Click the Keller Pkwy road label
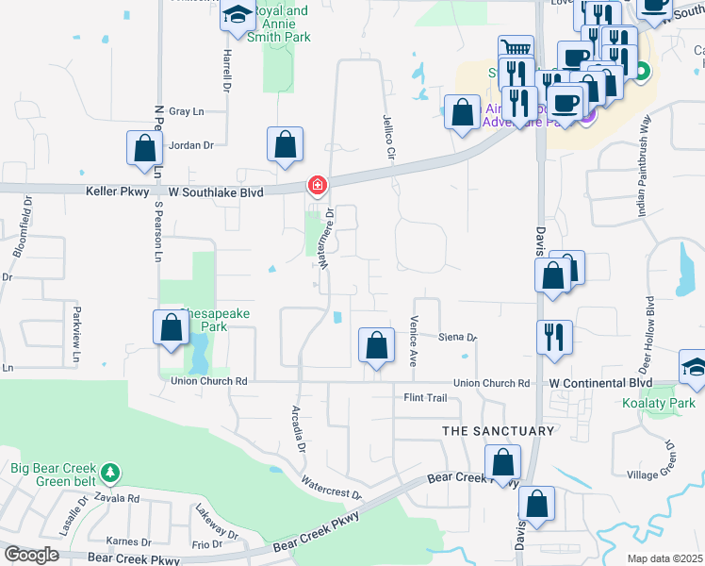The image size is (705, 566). coord(111,190)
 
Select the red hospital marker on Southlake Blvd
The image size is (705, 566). coord(318,184)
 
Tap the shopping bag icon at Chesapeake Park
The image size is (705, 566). coord(172,328)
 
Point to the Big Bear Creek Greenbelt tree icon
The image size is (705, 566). coord(111,471)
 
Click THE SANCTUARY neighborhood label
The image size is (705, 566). coord(499,431)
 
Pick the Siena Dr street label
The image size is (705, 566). coord(458,337)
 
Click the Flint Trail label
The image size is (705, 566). coord(425,398)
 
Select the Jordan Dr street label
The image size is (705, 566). coord(191,145)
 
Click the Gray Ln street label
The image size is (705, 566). coord(186,111)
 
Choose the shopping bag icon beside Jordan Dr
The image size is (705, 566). coord(143,149)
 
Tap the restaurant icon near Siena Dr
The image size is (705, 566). coord(553,336)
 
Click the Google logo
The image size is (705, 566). coord(32,554)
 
